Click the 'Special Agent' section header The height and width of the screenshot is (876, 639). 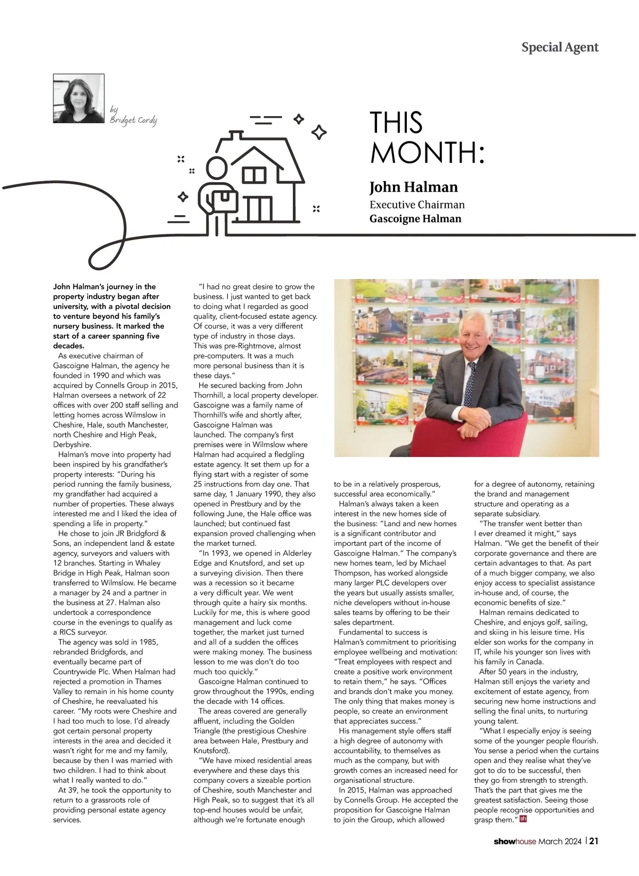(x=560, y=47)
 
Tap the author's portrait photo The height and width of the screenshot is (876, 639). (x=79, y=99)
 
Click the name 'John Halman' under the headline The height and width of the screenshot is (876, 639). (x=413, y=187)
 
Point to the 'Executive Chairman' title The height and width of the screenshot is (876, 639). (x=417, y=204)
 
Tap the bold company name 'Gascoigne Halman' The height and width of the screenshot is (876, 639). (x=415, y=218)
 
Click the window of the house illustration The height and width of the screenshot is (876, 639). (x=254, y=175)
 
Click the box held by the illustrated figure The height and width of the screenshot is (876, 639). (x=224, y=200)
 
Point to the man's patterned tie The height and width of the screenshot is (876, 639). (x=470, y=383)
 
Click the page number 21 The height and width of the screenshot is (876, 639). (x=594, y=841)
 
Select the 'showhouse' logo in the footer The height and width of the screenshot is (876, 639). (x=514, y=841)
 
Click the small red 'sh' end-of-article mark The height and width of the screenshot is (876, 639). (x=522, y=819)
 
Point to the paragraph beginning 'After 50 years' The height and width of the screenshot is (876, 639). (x=536, y=696)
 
